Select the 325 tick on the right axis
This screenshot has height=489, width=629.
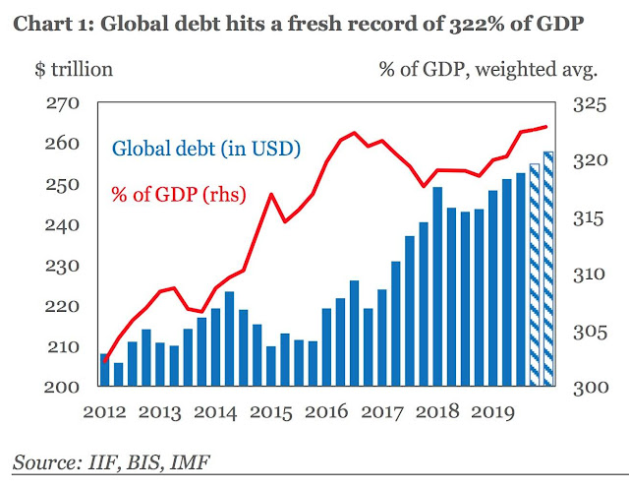pyautogui.click(x=588, y=103)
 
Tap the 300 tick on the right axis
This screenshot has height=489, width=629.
pyautogui.click(x=588, y=388)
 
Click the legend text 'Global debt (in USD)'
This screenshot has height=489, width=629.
pyautogui.click(x=205, y=151)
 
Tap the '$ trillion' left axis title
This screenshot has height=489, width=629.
pyautogui.click(x=74, y=69)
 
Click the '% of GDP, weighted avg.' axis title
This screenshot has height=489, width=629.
pyautogui.click(x=489, y=69)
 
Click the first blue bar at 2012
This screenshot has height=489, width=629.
pyautogui.click(x=104, y=370)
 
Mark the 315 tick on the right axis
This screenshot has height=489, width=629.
pyautogui.click(x=588, y=216)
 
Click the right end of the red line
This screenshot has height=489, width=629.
pyautogui.click(x=546, y=127)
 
